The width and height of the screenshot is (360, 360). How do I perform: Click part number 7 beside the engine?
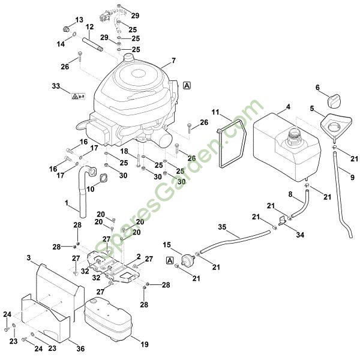point(173,61)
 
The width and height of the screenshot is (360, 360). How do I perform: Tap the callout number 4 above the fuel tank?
point(288,107)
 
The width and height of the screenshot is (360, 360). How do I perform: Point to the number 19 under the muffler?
point(144,344)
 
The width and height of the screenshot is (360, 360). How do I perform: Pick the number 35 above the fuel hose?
point(222,227)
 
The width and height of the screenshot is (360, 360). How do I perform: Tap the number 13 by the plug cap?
point(79,20)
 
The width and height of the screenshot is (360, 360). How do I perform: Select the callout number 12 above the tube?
point(90,27)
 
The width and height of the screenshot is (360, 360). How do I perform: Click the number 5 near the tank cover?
point(312,108)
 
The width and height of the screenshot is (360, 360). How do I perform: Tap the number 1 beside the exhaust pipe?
point(66,203)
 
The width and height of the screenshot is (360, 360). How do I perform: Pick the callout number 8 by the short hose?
point(290,194)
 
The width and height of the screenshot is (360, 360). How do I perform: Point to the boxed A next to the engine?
point(188,85)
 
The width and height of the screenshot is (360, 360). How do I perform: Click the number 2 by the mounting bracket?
point(139,256)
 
